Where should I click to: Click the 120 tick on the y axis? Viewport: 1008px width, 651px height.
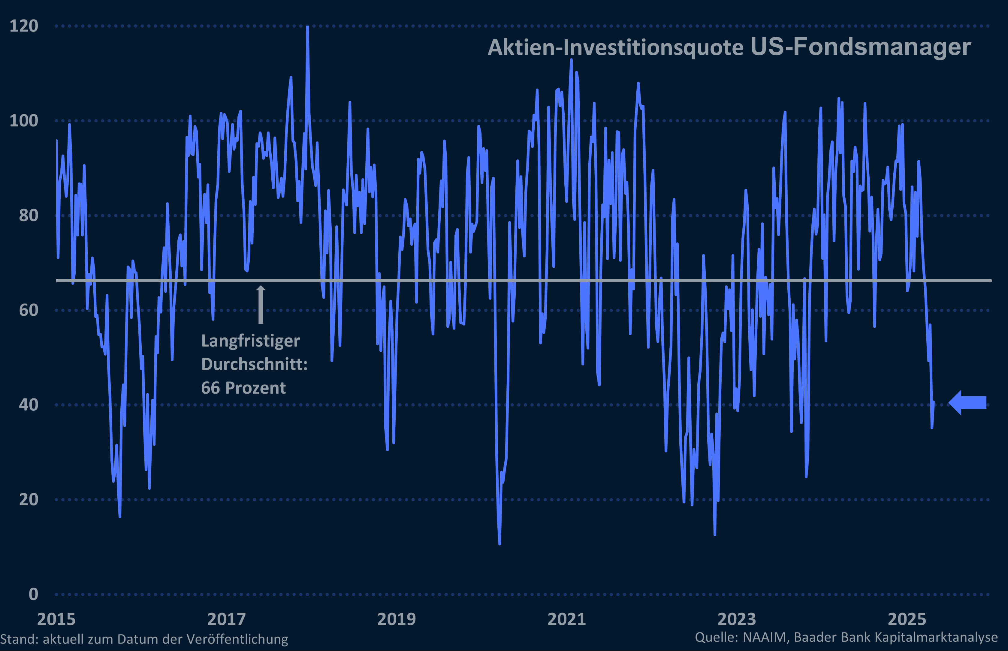[24, 26]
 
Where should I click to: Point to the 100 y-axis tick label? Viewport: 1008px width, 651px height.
[24, 121]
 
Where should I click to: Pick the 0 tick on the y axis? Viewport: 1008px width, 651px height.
[33, 594]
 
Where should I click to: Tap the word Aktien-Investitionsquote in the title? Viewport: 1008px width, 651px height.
[615, 48]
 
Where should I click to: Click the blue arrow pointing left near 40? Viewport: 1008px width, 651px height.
[967, 402]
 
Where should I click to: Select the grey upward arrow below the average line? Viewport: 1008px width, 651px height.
[261, 304]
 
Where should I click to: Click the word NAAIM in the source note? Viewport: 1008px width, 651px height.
[765, 637]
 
